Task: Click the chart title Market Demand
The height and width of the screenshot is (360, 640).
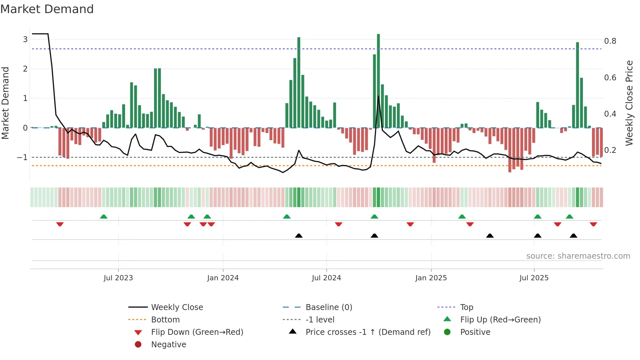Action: click(47, 9)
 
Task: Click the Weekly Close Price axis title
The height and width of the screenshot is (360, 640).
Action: click(629, 103)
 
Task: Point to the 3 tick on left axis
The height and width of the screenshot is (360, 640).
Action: click(25, 40)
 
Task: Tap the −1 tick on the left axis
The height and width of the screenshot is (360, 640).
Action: click(22, 157)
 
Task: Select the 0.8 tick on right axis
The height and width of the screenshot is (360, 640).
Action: click(610, 41)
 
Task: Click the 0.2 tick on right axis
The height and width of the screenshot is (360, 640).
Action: click(610, 150)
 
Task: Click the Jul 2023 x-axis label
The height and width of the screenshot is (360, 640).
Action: click(118, 278)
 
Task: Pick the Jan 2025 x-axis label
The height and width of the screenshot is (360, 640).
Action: click(431, 278)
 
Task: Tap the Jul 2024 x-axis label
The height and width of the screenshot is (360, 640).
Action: click(326, 278)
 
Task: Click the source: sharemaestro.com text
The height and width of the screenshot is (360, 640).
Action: click(578, 256)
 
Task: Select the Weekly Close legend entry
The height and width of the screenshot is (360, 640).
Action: click(177, 307)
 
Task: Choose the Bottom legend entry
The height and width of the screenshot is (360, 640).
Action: click(165, 320)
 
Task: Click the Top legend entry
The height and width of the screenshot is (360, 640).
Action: click(466, 307)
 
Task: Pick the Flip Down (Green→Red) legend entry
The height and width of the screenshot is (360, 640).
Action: click(197, 332)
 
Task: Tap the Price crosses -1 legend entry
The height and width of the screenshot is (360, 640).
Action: click(368, 332)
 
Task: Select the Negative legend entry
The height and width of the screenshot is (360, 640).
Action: click(168, 345)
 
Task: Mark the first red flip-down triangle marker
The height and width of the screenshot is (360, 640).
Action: click(60, 224)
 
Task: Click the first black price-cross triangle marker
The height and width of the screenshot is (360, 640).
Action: click(298, 236)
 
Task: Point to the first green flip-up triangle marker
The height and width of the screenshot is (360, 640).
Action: click(104, 217)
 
